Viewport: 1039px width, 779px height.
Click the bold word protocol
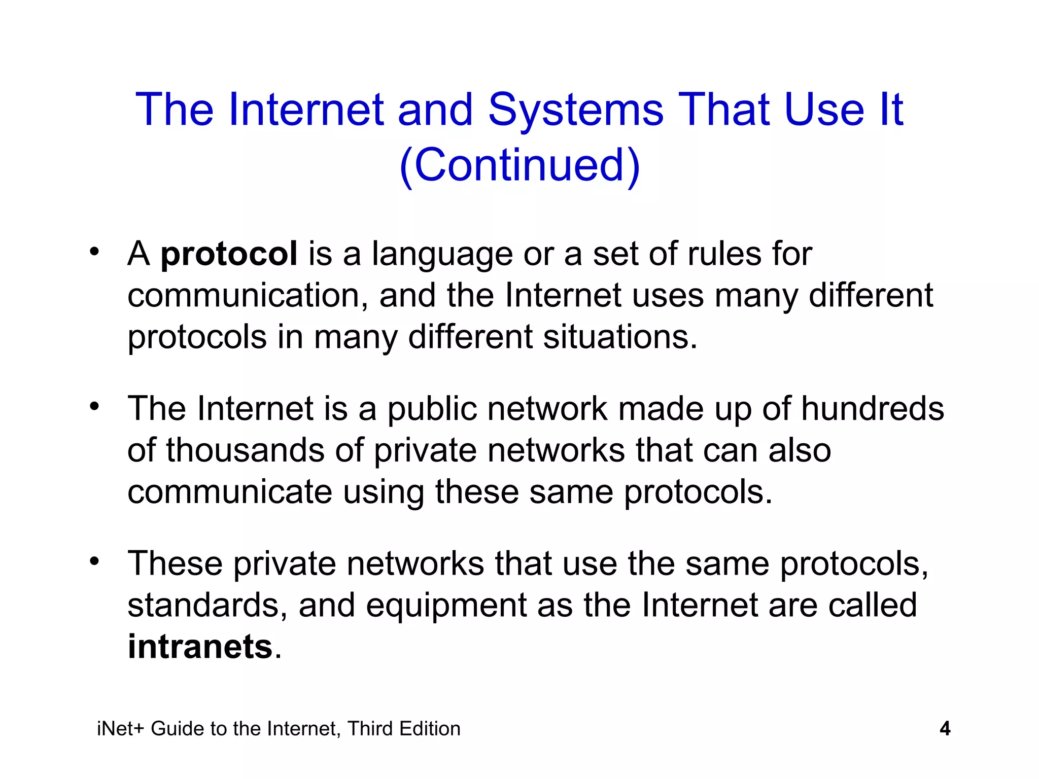click(x=229, y=254)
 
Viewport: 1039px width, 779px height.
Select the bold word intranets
click(x=200, y=647)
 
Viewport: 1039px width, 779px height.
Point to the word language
click(x=442, y=254)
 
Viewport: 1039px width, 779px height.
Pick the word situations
click(x=620, y=337)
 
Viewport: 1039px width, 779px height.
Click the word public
click(x=432, y=409)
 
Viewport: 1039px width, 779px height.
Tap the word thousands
click(x=245, y=450)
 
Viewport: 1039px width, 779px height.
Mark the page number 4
click(x=945, y=729)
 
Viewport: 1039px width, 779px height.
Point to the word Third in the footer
click(x=369, y=729)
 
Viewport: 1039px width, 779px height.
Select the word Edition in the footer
click(x=430, y=729)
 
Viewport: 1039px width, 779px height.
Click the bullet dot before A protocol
click(x=94, y=252)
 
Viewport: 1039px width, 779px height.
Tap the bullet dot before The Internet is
click(x=94, y=407)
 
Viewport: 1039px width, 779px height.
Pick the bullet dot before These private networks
click(x=94, y=561)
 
